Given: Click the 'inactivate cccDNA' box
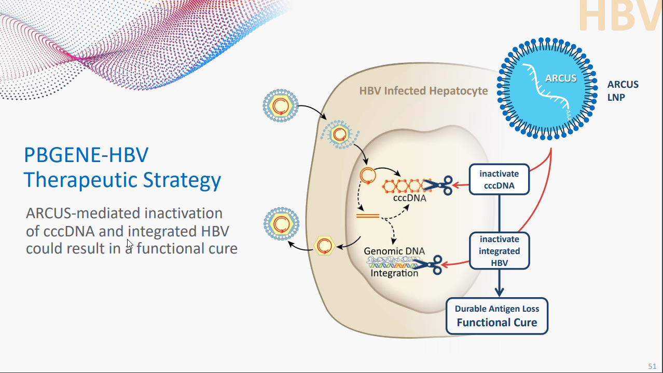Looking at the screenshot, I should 499,179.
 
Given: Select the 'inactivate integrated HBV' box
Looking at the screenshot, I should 499,251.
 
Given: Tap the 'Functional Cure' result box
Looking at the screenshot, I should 497,316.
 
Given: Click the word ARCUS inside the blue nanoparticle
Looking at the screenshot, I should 561,78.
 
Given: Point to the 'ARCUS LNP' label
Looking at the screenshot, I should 623,90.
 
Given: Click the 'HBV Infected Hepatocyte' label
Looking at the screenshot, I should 423,91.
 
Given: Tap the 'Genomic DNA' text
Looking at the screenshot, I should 394,251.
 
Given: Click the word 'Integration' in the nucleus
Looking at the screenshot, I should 394,273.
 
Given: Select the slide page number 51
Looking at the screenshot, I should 652,366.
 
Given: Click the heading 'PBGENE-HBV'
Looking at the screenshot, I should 86,155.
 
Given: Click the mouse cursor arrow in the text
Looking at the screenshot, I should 129,244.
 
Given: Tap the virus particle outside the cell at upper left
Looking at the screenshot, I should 281,105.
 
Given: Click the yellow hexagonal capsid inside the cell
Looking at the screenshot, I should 325,245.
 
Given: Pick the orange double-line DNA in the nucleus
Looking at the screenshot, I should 367,215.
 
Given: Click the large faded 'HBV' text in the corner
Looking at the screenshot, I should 620,16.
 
